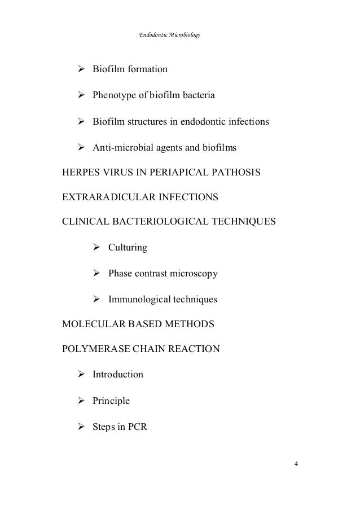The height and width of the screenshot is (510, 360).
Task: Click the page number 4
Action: [297, 464]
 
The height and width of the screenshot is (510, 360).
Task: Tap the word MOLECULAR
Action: [91, 325]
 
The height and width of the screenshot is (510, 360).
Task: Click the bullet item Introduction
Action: [118, 375]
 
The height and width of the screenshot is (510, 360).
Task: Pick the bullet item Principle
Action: [111, 401]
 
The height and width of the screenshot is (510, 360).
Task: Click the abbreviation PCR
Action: [137, 427]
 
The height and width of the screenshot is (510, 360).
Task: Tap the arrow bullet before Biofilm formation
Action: [81, 70]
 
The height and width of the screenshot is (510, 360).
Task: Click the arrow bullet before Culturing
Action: [96, 248]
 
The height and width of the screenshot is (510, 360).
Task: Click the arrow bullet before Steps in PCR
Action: [81, 427]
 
